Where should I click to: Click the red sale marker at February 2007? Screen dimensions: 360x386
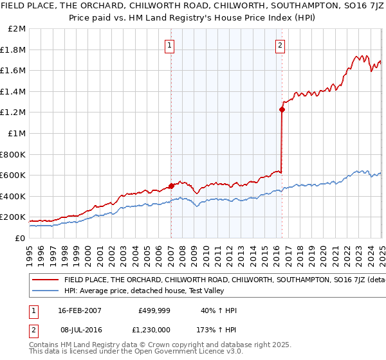click(171, 186)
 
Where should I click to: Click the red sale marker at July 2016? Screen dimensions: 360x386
click(282, 109)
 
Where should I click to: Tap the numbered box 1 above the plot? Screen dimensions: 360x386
click(169, 45)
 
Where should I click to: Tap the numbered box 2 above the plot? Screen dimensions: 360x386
click(280, 45)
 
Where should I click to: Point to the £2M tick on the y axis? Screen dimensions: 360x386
click(17, 29)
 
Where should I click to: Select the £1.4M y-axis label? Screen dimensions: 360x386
click(14, 91)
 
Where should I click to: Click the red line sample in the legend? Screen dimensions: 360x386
click(46, 280)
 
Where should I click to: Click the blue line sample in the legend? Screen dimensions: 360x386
click(46, 291)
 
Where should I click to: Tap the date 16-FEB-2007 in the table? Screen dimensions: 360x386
click(80, 310)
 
